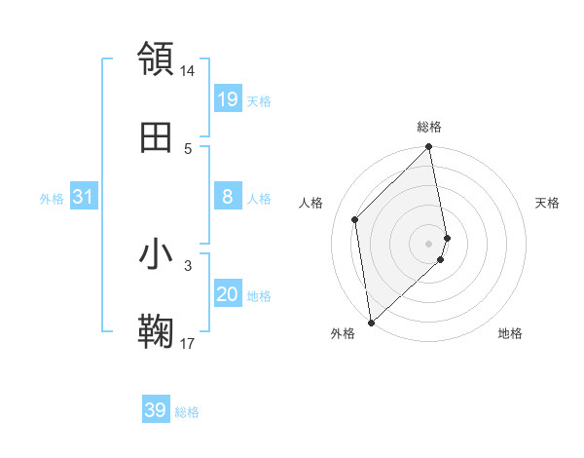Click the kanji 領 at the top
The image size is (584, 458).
157,58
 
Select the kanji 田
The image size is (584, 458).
157,137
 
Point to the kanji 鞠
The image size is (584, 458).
157,332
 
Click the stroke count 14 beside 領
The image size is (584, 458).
188,71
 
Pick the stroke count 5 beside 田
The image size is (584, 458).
188,148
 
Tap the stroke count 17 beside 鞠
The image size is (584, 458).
188,343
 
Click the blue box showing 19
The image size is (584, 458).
228,99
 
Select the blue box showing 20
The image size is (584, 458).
228,295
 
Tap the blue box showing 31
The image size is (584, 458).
84,198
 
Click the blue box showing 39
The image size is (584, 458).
156,411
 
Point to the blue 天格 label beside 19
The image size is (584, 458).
259,100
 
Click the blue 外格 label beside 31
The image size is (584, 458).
52,199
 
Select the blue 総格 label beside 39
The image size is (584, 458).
187,412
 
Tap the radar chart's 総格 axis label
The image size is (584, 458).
429,127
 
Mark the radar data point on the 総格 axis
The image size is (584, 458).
429,148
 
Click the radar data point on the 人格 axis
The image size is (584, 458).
355,219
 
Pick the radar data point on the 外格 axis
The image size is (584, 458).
371,322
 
